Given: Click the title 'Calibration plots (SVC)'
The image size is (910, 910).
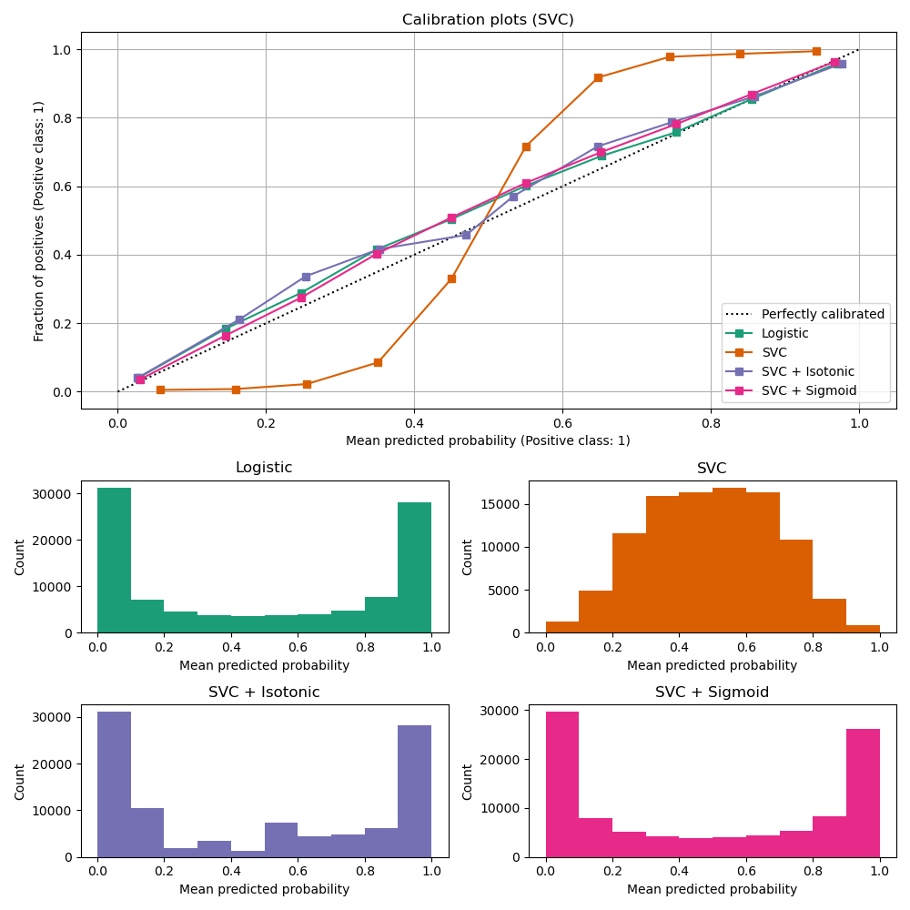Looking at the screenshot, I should (488, 19).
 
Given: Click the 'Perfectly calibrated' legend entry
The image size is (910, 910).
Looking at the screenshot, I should (822, 314).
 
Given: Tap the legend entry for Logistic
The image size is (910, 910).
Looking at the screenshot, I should (784, 333).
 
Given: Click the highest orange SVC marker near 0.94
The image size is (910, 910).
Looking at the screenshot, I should (816, 51).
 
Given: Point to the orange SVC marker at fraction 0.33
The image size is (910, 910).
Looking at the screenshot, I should (451, 278).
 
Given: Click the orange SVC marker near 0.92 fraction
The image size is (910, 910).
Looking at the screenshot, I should (598, 77).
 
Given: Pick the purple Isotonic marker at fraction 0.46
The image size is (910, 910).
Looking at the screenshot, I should (466, 235).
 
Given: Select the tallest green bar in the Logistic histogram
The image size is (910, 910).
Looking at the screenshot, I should (114, 560).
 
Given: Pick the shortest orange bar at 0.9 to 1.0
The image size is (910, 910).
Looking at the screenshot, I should (863, 629).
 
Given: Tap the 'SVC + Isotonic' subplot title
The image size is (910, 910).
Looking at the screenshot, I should (264, 693).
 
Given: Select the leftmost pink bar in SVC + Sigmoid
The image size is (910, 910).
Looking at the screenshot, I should (562, 784).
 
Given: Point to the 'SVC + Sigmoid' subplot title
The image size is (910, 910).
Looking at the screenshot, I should (712, 693).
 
